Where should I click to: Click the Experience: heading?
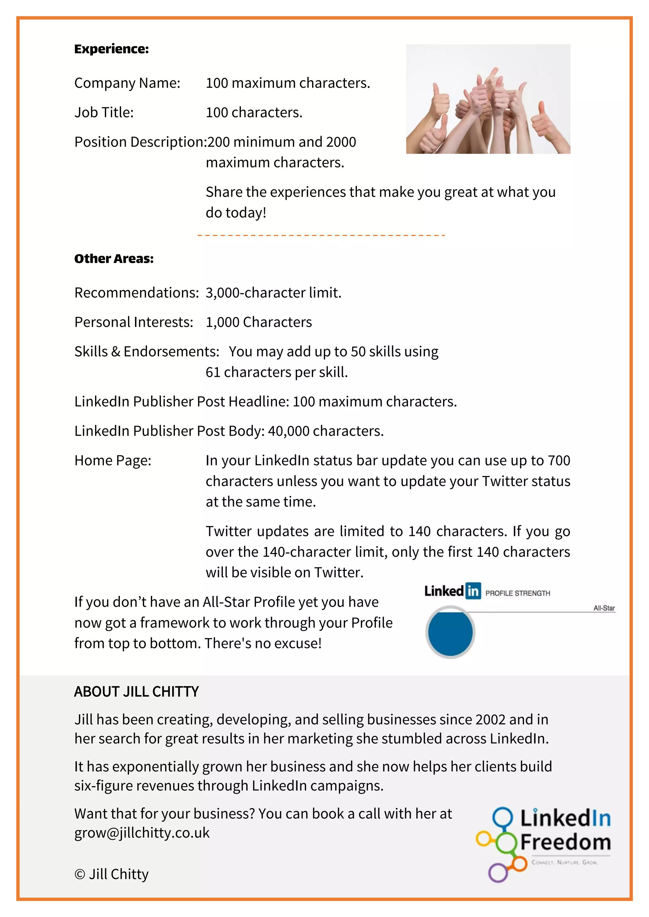(x=112, y=49)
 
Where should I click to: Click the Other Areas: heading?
(x=114, y=259)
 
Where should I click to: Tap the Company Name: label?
(x=127, y=83)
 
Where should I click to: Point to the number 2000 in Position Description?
(x=341, y=142)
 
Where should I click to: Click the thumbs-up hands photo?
(x=488, y=99)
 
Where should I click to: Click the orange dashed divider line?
(x=321, y=235)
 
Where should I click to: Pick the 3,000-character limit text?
(x=273, y=293)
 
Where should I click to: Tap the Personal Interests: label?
(x=133, y=322)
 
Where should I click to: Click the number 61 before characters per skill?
(x=213, y=372)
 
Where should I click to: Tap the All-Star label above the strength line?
(x=604, y=608)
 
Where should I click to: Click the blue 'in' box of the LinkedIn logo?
(x=473, y=591)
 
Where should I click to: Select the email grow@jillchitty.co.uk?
(x=142, y=833)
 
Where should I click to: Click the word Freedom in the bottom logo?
(x=565, y=842)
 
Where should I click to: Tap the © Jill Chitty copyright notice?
(x=112, y=874)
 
